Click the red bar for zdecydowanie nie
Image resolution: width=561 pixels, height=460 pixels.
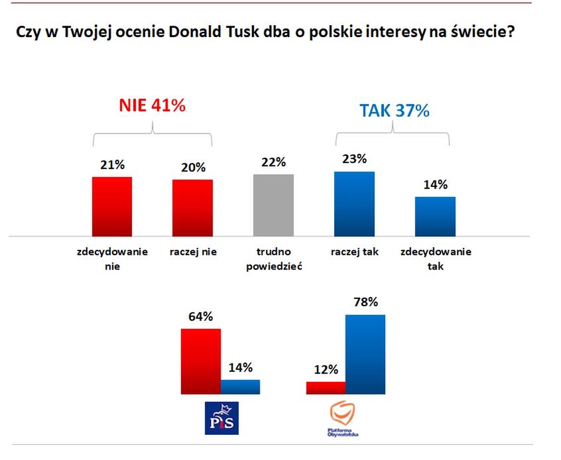pos(111,206)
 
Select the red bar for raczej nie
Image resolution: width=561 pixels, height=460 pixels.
pos(192,207)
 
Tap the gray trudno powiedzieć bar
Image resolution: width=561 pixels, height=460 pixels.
pos(273,205)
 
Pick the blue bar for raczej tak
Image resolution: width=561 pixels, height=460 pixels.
pos(354,203)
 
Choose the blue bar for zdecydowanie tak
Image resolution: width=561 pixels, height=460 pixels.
pos(435,216)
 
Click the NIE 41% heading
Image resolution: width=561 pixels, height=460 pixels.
pos(152,105)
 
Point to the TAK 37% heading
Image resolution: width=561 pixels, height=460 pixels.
pos(395,111)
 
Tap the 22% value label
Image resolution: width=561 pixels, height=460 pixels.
pos(273,162)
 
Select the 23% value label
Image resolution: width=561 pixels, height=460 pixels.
pos(354,159)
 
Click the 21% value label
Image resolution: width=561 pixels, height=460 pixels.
pos(111,165)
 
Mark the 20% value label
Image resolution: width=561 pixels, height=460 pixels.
pos(192,168)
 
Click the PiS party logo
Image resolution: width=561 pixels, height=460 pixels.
pos(221,418)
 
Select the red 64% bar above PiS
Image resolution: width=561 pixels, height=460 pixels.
pos(200,361)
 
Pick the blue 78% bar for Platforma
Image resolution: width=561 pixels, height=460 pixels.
pos(365,354)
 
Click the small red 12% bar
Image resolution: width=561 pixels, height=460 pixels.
pos(326,388)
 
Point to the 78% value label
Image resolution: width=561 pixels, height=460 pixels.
pos(365,302)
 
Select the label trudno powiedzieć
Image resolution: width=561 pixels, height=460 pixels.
pos(273,259)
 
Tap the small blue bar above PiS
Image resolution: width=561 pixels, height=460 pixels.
pos(240,387)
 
